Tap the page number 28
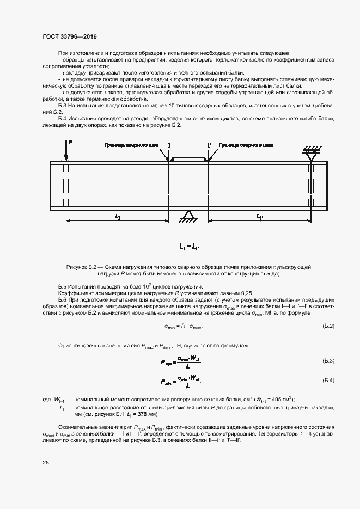45,462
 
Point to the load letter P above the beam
70,143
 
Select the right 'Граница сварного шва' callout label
246,145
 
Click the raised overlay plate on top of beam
188,158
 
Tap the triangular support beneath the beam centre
188,215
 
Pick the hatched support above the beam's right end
310,152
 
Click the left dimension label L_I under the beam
118,216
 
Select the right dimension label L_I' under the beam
260,216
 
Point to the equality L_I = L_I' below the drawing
189,247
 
